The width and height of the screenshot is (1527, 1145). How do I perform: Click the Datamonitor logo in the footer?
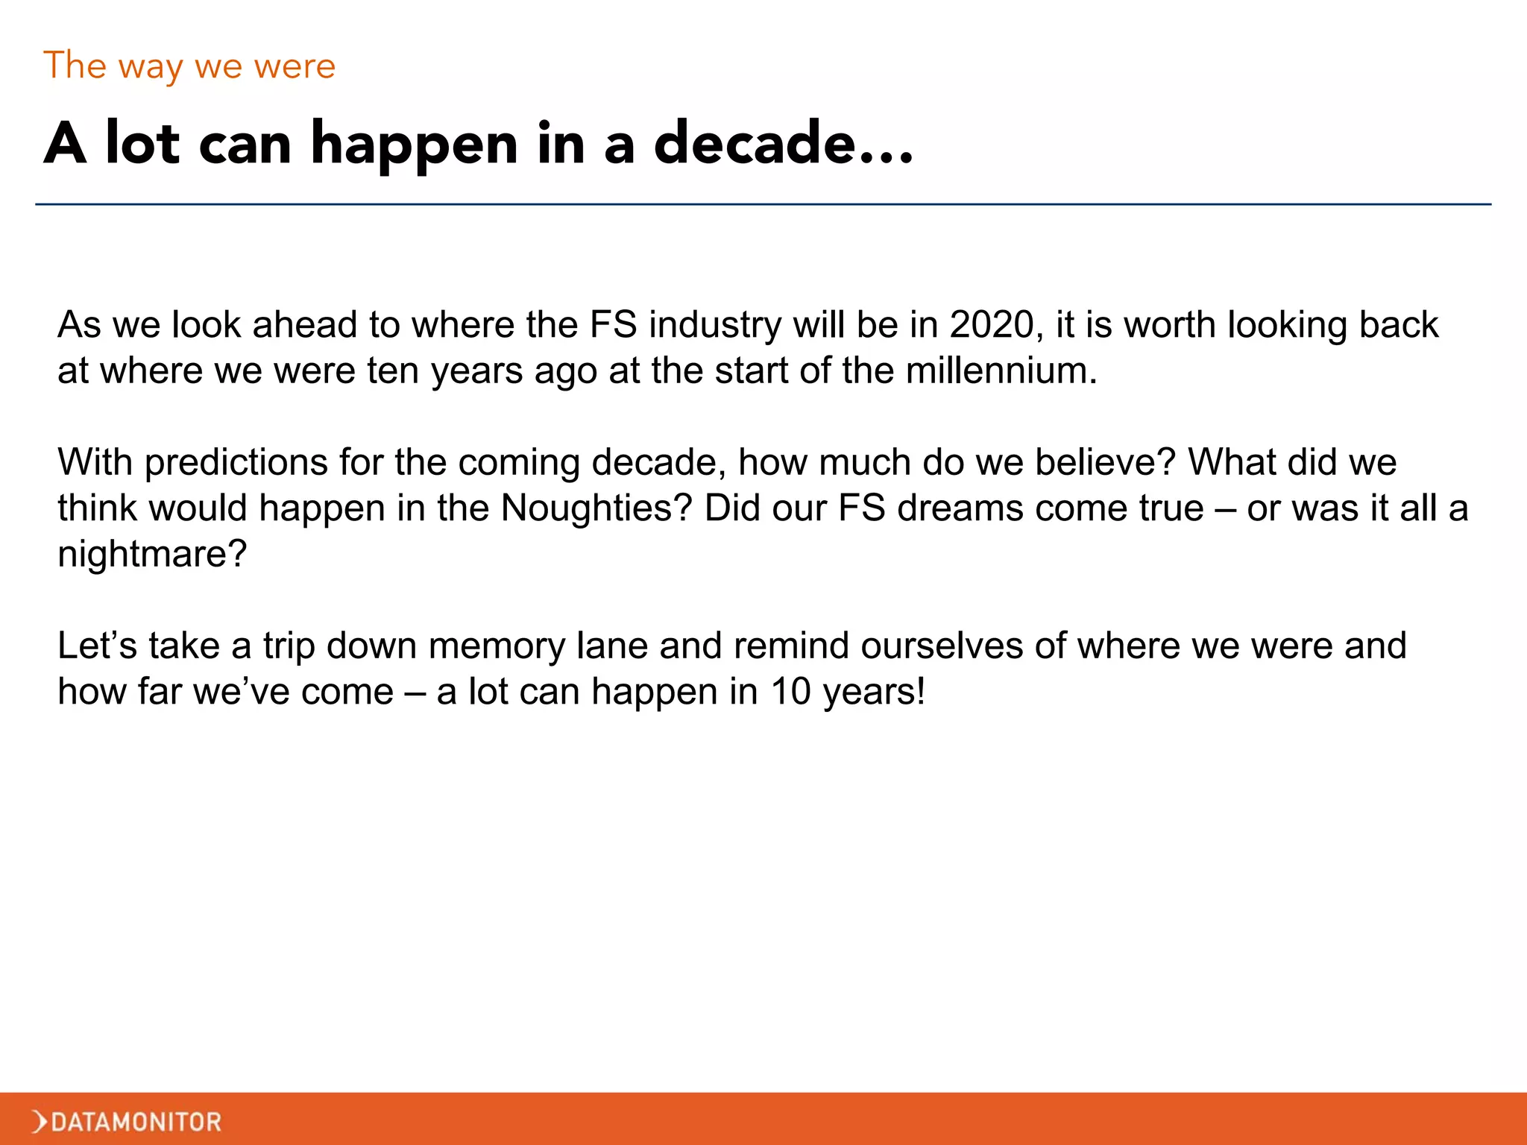pos(127,1121)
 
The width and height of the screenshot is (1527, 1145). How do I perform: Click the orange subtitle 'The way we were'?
pos(189,66)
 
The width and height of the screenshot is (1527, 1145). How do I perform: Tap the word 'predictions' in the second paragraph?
pos(236,463)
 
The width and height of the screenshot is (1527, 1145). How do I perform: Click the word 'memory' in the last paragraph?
pos(497,646)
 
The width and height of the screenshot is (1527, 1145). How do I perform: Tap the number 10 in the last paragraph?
pos(790,692)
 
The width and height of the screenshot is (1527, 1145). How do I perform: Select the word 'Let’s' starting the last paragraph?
pos(97,646)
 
